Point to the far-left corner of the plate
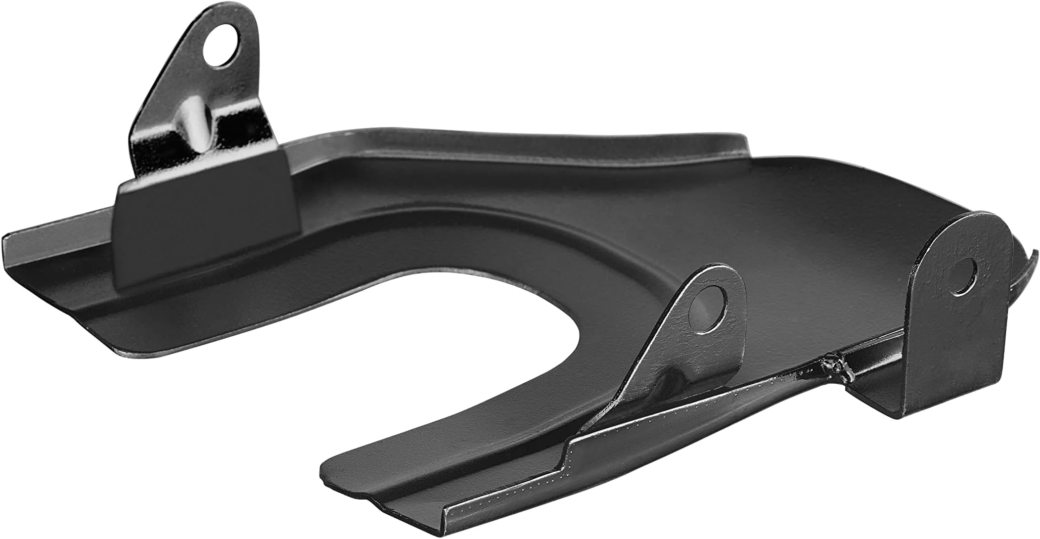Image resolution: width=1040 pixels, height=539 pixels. (8, 240)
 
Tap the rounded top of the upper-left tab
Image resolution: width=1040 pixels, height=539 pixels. (233, 15)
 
